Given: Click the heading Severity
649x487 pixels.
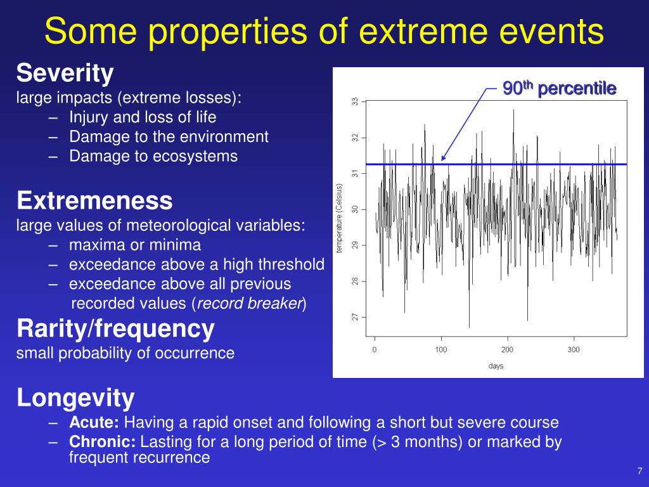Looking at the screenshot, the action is [65, 74].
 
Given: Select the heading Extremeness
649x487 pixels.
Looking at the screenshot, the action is [94, 200].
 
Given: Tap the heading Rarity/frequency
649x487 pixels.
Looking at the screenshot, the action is [115, 329].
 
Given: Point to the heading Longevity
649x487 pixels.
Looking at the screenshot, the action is [75, 398].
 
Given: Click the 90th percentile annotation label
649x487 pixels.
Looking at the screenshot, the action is [559, 88].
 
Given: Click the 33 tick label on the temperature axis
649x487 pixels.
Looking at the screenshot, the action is [355, 101].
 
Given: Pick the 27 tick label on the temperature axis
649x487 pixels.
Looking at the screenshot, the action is [355, 317].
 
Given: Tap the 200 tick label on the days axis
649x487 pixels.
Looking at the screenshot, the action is [507, 349].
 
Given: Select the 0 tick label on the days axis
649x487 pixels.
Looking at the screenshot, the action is [374, 349].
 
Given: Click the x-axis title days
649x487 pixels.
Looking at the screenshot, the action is [496, 366].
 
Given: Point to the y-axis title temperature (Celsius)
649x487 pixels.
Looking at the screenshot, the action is [339, 218].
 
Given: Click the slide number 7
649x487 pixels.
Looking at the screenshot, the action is [639, 471].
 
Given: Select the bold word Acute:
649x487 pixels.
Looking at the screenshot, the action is [94, 422].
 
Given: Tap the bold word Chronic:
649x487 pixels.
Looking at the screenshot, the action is [102, 442].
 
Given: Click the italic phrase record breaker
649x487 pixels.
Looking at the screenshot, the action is [250, 304].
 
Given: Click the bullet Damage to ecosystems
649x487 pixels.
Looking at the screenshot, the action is [153, 157].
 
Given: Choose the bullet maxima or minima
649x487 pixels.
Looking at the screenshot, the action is [135, 245].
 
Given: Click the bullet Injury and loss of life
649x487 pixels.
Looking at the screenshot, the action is [143, 117].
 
